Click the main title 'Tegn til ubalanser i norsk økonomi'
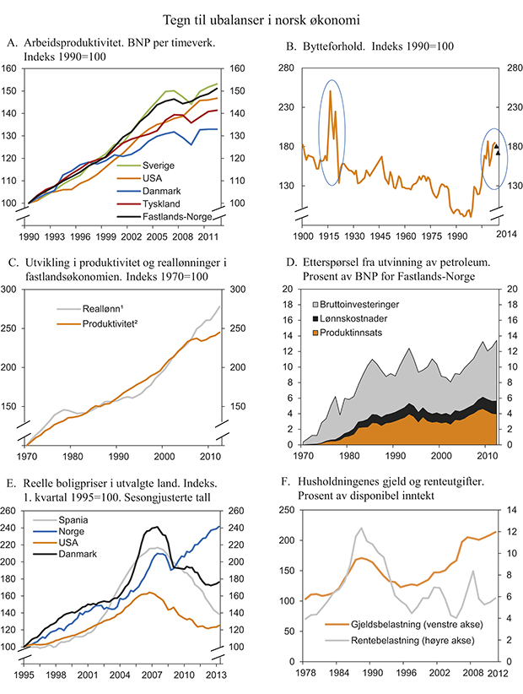coord(261,17)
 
